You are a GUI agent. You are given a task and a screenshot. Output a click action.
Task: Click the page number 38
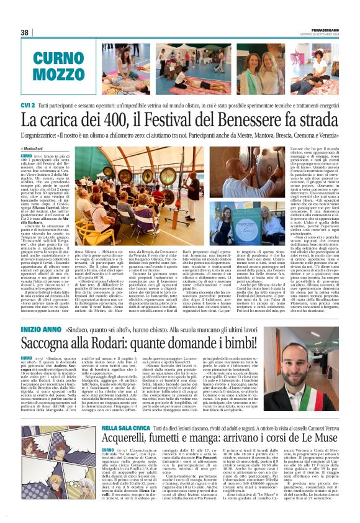point(25,32)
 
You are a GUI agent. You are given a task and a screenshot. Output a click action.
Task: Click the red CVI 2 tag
point(27,106)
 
